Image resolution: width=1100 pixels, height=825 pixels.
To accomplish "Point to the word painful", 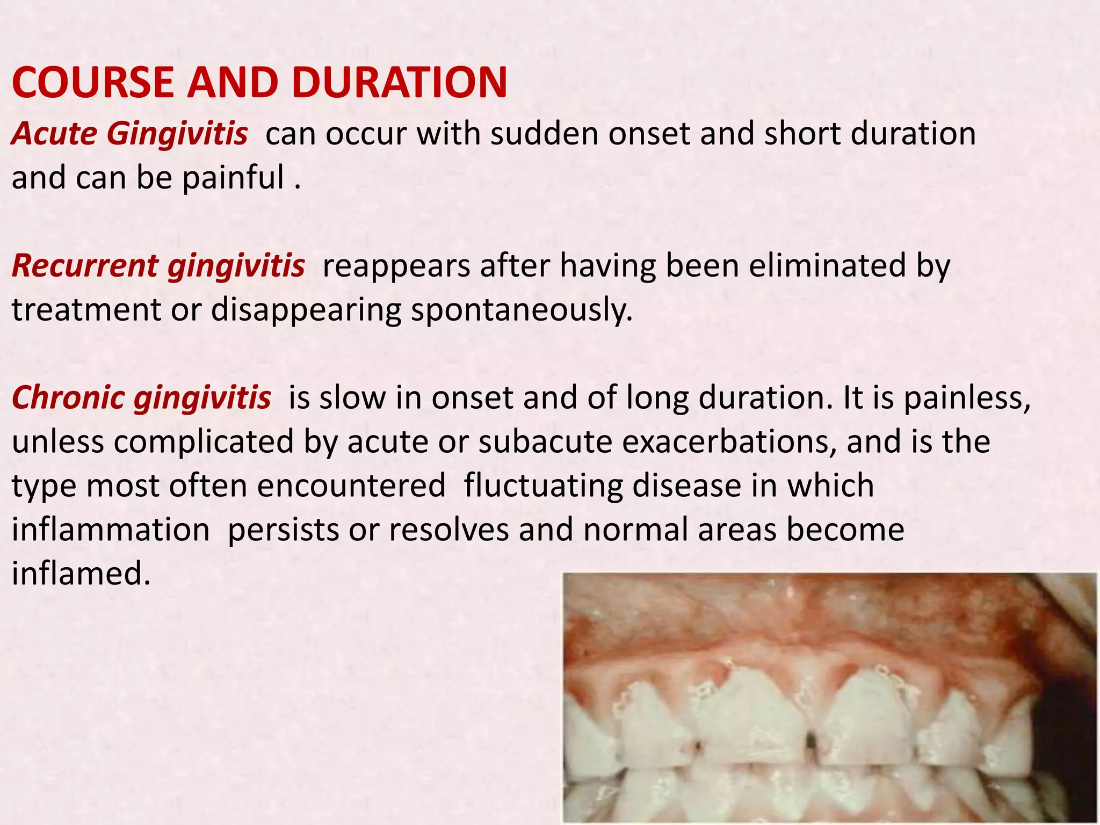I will tap(233, 178).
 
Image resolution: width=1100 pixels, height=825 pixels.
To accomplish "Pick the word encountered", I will tap(351, 486).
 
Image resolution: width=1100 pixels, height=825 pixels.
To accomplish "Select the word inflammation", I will tap(111, 530).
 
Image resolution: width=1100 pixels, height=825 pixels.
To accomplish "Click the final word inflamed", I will tap(81, 574).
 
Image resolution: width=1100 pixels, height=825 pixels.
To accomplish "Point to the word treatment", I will tap(86, 310).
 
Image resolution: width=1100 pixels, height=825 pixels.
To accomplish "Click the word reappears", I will tap(396, 266).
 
